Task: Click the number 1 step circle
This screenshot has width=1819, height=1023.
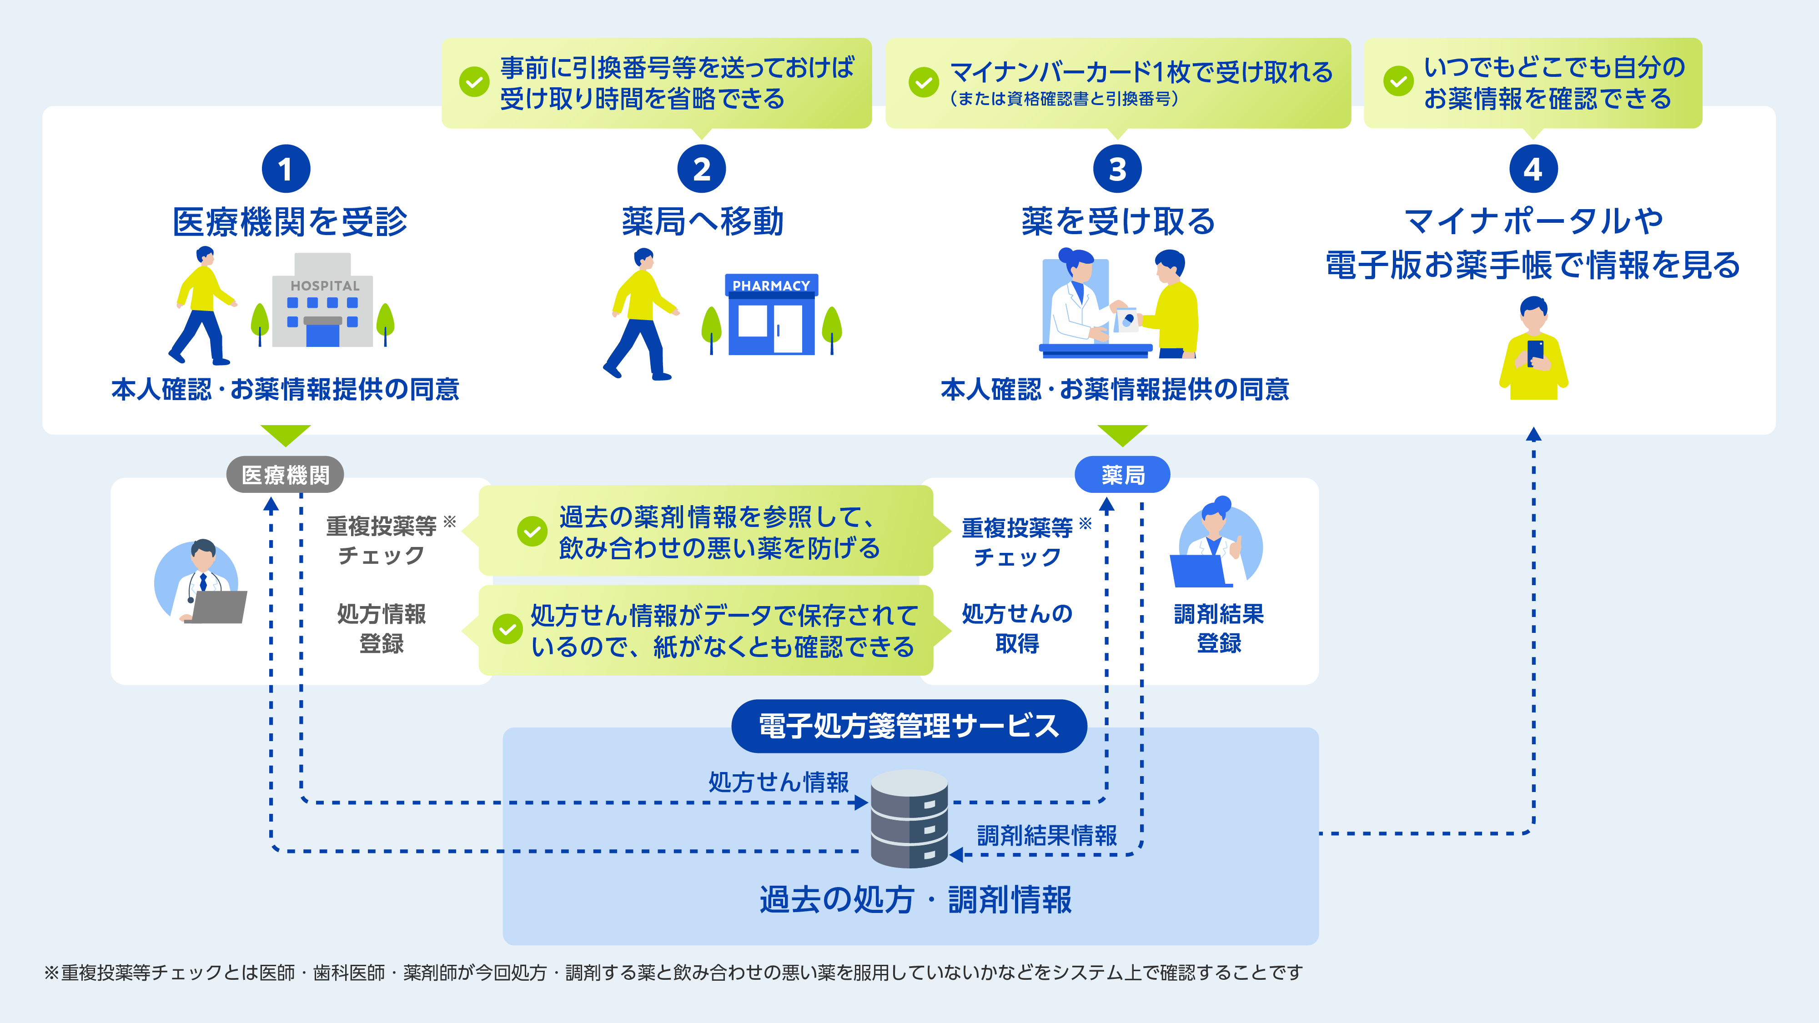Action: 285,169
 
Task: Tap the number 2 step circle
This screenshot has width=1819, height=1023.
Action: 701,169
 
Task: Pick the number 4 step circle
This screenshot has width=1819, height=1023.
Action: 1533,169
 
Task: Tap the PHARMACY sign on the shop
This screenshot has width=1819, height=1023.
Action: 771,285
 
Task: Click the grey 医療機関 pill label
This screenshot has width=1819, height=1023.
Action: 285,474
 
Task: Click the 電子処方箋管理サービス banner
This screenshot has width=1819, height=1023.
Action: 909,726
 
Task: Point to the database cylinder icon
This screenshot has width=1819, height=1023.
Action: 909,819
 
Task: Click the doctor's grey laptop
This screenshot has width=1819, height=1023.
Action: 219,607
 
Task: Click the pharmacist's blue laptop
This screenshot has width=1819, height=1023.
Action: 1198,571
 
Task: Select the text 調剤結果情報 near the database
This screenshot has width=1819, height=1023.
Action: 1046,835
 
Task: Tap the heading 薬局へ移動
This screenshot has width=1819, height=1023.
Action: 703,222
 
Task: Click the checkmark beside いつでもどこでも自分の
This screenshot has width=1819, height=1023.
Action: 1398,82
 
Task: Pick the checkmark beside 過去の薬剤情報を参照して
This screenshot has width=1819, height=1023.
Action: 532,531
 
